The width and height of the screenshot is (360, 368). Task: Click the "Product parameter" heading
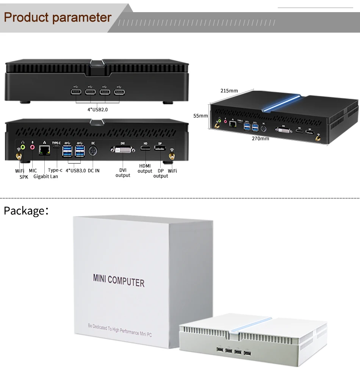click(58, 17)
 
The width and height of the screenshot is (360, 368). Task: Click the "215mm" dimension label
click(229, 91)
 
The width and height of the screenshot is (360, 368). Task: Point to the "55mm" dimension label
click(201, 116)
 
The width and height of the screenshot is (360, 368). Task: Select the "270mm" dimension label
click(260, 138)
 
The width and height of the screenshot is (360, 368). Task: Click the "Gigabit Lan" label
click(45, 176)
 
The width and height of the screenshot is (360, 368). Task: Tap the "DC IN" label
click(94, 171)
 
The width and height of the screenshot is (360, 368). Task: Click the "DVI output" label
click(123, 173)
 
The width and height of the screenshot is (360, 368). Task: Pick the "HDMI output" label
click(145, 168)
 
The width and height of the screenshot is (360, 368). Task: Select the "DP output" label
click(161, 173)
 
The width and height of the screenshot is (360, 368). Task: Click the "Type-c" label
click(55, 170)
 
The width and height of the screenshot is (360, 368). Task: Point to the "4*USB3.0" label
click(76, 171)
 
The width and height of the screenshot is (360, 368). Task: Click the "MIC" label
click(33, 171)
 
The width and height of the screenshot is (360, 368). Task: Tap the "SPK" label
click(24, 177)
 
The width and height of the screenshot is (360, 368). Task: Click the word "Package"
click(24, 211)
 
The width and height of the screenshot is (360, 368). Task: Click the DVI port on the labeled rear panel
click(122, 151)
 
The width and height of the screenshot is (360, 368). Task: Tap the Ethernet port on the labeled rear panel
click(45, 151)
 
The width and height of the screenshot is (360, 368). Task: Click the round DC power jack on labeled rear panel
click(93, 151)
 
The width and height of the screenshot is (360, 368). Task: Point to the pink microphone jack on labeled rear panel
click(32, 147)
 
